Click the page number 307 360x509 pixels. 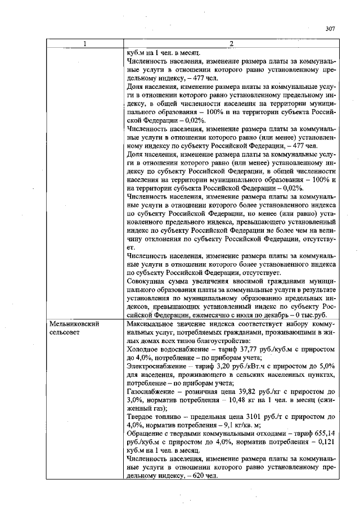[x=330, y=29]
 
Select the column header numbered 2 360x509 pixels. [x=231, y=44]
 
